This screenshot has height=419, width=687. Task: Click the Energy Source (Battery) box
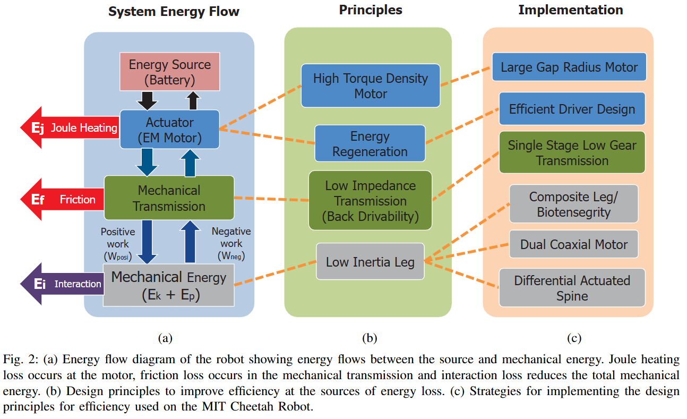(169, 72)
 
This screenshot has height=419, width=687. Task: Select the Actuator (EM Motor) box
(169, 130)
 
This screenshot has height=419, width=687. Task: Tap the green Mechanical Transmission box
(169, 198)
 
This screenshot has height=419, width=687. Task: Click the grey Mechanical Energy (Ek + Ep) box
(168, 285)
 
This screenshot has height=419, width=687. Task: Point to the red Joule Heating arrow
(69, 127)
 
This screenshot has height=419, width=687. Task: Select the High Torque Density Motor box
(370, 85)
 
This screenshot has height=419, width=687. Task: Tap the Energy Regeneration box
(370, 143)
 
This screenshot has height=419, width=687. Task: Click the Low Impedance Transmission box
(370, 200)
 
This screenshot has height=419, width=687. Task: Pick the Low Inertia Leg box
(370, 261)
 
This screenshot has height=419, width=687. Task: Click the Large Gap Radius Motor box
(569, 67)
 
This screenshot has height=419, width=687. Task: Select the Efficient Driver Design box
(572, 109)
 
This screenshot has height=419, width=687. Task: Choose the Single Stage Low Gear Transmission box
(572, 152)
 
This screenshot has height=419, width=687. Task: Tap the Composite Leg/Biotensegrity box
(573, 204)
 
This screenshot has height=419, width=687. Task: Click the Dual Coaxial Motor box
(573, 244)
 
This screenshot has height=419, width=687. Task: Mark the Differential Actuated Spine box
(572, 288)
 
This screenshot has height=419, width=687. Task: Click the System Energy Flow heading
(174, 11)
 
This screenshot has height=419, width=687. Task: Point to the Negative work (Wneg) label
(231, 244)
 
